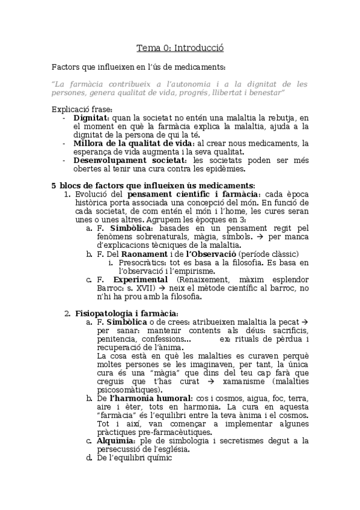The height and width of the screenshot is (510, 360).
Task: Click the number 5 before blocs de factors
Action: tap(53, 185)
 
